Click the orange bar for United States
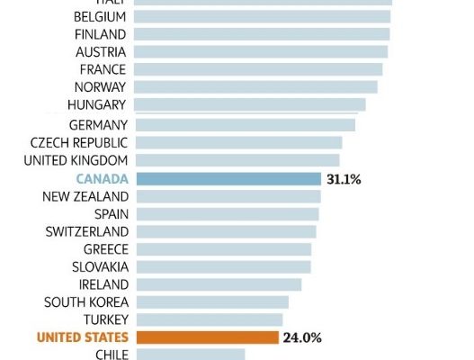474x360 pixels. [207, 337]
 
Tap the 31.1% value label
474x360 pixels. [345, 179]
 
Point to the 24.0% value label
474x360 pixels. [302, 337]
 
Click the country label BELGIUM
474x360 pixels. [100, 16]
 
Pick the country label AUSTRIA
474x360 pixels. [101, 51]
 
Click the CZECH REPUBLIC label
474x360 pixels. [79, 142]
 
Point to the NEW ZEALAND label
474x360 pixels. [85, 196]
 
